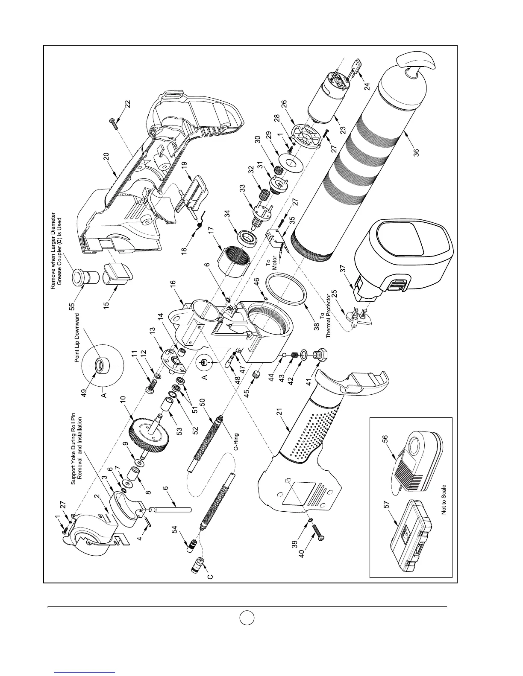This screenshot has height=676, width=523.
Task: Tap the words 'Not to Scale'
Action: (444, 499)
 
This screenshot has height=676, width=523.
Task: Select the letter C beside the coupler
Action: (210, 576)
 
